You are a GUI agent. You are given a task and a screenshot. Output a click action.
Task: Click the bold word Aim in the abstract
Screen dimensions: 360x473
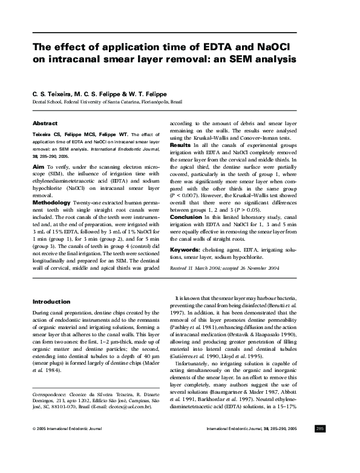(38, 165)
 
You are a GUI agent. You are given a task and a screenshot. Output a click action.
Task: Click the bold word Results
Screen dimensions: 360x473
(180, 146)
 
